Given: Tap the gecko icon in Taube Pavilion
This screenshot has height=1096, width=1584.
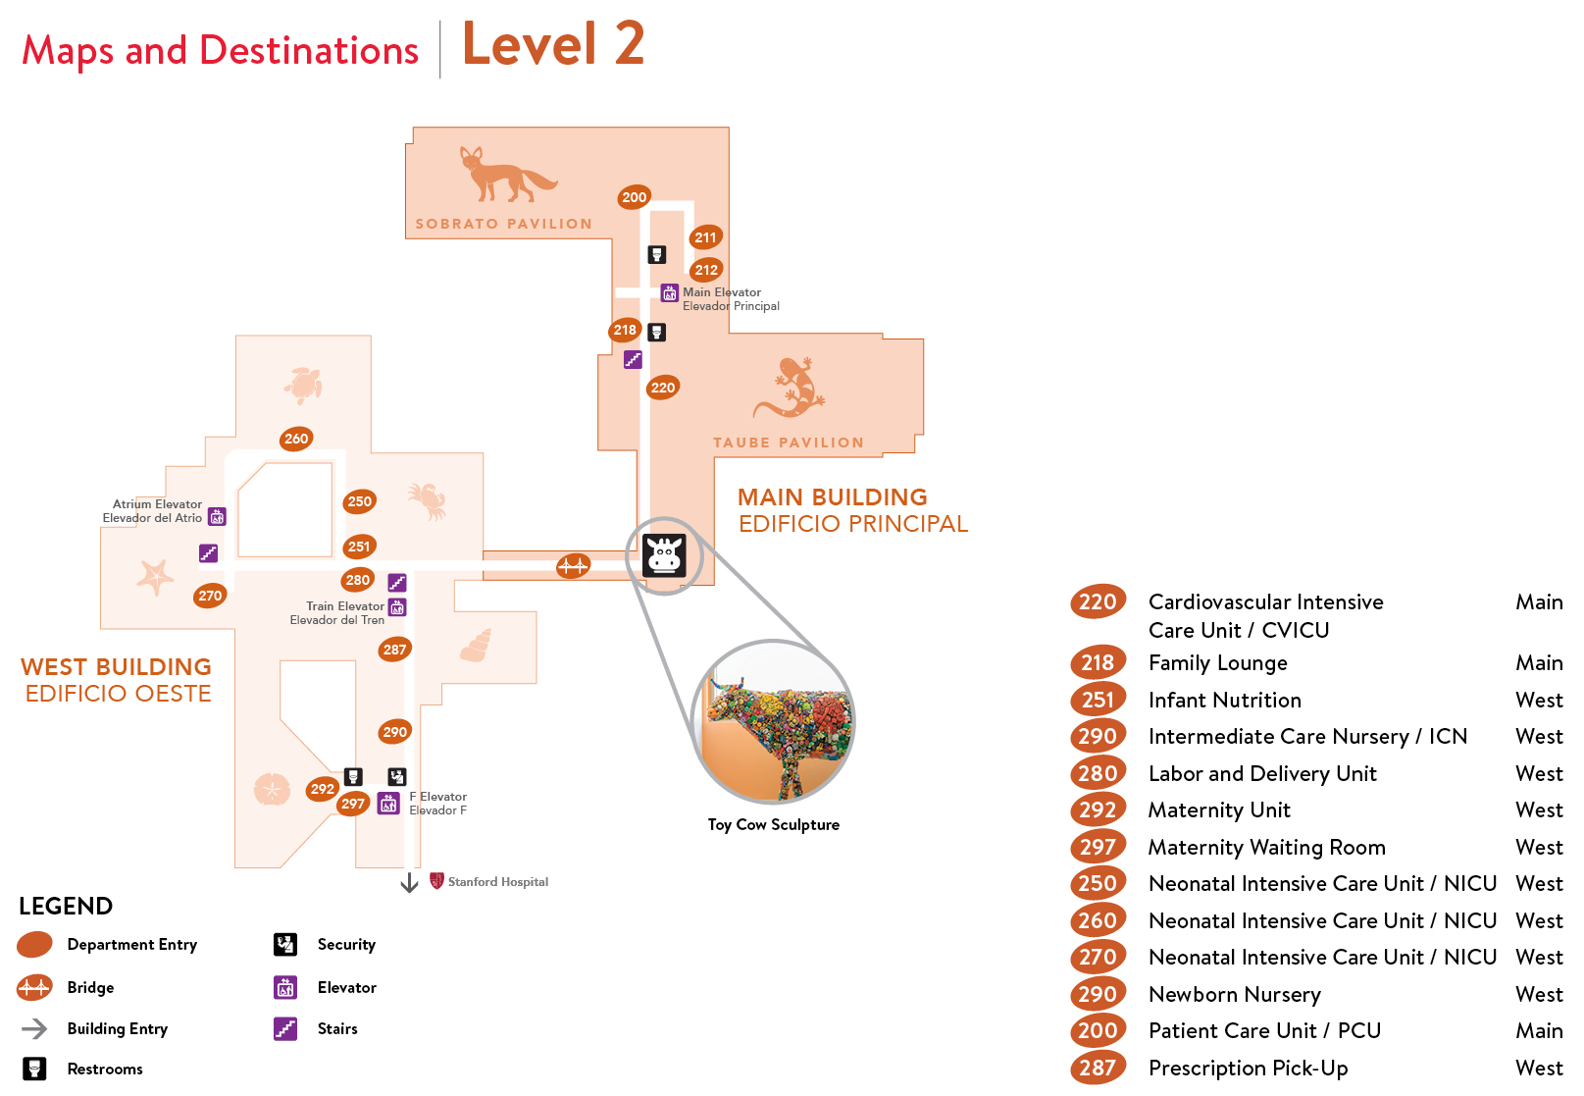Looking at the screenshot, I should pyautogui.click(x=791, y=388).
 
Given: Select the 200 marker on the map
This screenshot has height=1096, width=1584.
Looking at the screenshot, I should pyautogui.click(x=635, y=197).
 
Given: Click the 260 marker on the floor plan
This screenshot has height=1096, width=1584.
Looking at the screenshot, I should pyautogui.click(x=296, y=439).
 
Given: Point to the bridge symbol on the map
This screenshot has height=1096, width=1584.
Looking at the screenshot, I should pyautogui.click(x=573, y=566).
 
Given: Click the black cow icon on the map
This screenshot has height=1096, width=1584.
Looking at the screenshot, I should pyautogui.click(x=664, y=555).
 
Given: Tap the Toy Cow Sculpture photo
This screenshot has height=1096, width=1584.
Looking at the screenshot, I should pyautogui.click(x=774, y=722).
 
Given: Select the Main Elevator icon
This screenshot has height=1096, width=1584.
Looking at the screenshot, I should pyautogui.click(x=670, y=292).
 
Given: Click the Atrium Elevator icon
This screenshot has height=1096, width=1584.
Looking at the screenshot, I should pyautogui.click(x=218, y=517).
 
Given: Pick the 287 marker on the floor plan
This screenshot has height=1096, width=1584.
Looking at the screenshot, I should pyautogui.click(x=395, y=650).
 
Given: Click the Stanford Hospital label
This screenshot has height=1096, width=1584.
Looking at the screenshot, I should pyautogui.click(x=497, y=882).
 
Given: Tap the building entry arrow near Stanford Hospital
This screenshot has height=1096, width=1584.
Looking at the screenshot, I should pyautogui.click(x=409, y=883).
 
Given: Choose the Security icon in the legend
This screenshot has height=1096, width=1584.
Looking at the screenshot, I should pyautogui.click(x=285, y=945).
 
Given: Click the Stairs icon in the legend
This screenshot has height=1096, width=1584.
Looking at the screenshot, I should pyautogui.click(x=285, y=1028).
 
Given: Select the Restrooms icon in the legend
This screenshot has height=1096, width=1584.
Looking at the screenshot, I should pyautogui.click(x=34, y=1069).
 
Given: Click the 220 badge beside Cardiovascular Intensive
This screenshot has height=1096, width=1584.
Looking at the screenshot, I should pyautogui.click(x=1098, y=602).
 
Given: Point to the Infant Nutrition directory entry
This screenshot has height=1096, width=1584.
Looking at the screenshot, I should pyautogui.click(x=1225, y=700).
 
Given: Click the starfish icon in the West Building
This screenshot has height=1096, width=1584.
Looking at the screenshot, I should pyautogui.click(x=155, y=576).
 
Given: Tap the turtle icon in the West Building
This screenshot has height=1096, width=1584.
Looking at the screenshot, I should pyautogui.click(x=304, y=385).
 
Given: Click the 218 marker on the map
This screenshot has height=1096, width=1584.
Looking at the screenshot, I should pyautogui.click(x=625, y=331).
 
